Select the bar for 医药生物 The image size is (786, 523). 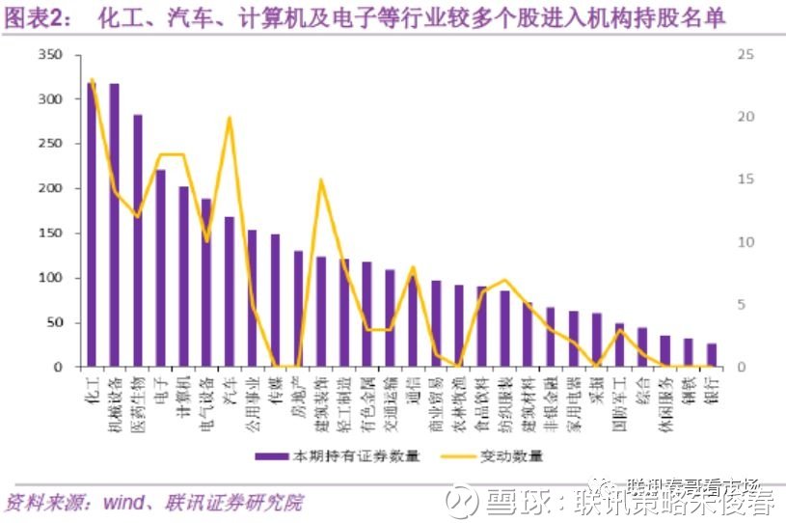pyautogui.click(x=138, y=241)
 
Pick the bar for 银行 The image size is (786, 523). pyautogui.click(x=712, y=355)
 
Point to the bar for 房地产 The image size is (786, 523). pyautogui.click(x=298, y=309)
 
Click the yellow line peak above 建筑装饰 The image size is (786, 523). pyautogui.click(x=321, y=180)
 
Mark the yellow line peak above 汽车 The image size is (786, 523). pyautogui.click(x=230, y=119)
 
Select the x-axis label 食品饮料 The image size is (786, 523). pyautogui.click(x=482, y=399)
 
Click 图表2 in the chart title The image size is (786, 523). pyautogui.click(x=34, y=18)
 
